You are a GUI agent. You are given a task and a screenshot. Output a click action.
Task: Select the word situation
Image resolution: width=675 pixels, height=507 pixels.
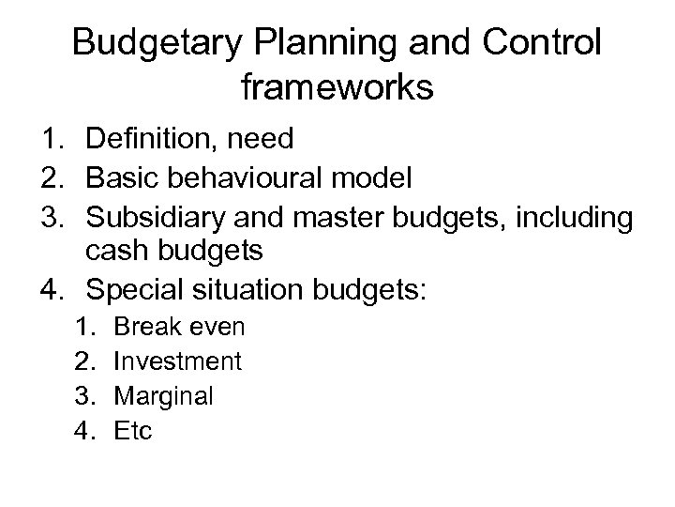(259, 287)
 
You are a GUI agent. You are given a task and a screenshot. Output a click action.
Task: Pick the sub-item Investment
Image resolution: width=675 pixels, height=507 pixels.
(177, 361)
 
